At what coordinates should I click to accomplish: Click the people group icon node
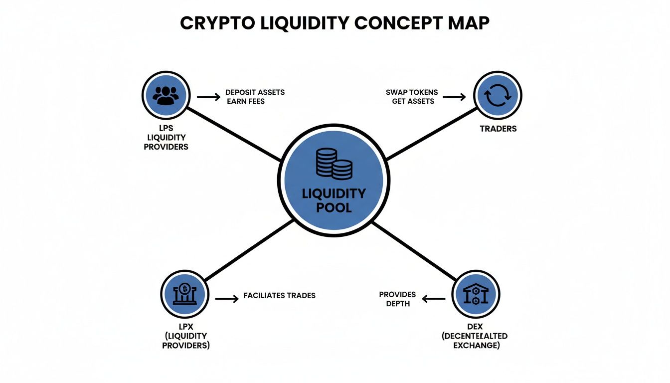coord(165,95)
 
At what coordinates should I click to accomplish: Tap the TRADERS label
coord(498,129)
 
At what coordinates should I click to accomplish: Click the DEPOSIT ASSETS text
coord(255,92)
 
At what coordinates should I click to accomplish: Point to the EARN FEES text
coord(246,101)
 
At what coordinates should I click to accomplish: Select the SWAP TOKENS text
coord(412,92)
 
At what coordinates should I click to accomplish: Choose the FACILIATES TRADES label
coord(279,295)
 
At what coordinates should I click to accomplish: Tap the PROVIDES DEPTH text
coord(397,299)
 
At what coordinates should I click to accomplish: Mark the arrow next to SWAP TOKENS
coord(454,97)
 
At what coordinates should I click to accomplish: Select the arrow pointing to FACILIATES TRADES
coord(227,299)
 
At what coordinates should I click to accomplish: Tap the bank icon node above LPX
coord(184,295)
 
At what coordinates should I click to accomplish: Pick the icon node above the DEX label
coord(476,295)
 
